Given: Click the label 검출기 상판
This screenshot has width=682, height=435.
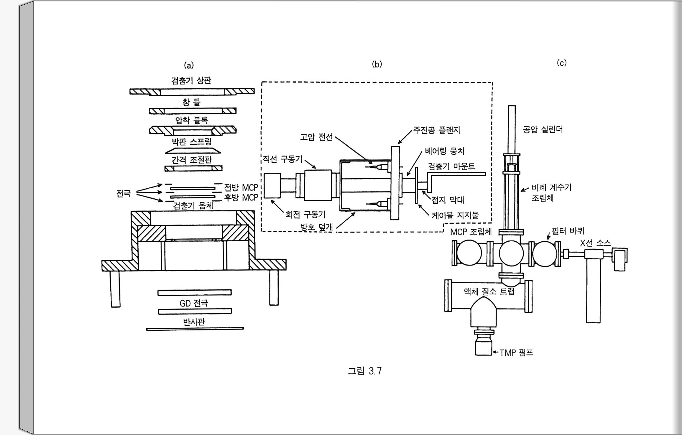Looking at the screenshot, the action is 191,80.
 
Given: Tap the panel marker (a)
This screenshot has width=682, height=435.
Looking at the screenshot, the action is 189,65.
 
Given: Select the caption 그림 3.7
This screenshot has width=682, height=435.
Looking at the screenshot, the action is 364,371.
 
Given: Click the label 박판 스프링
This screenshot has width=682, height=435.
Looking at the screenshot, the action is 191,141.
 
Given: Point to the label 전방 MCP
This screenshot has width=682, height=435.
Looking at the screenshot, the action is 241,188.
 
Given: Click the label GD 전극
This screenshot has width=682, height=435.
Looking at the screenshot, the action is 194,303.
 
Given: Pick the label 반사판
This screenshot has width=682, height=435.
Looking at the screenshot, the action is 194,322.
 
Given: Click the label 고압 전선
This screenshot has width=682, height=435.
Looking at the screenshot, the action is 316,137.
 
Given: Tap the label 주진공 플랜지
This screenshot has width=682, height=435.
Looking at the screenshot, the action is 437,130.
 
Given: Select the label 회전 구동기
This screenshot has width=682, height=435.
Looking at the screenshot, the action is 305,215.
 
